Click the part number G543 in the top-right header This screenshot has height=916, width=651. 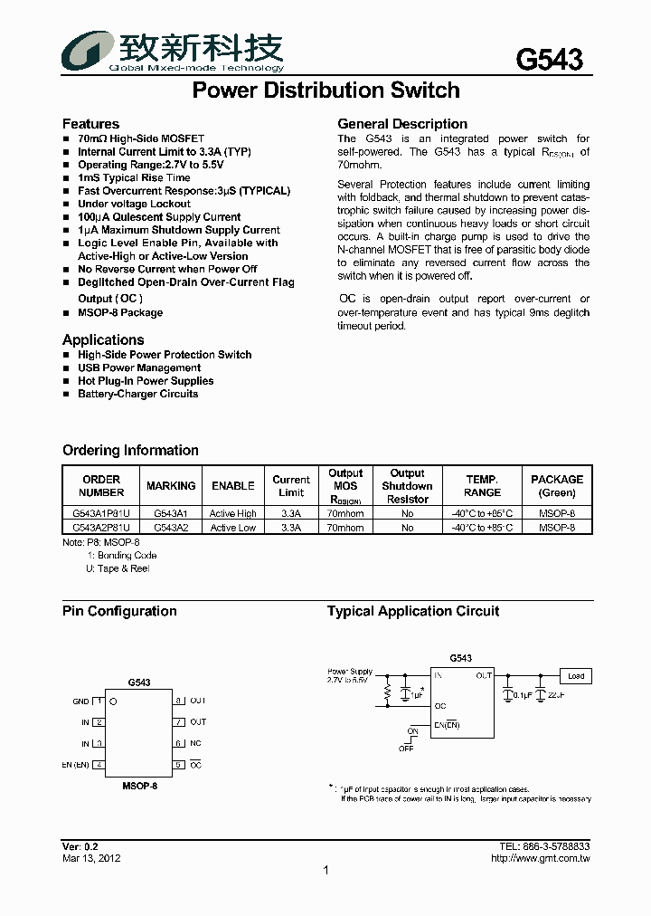[549, 60]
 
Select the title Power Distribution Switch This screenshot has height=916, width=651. [326, 91]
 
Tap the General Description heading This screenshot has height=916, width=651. [402, 124]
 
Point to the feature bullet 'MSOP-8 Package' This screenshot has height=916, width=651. [120, 313]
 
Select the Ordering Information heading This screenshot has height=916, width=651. [130, 451]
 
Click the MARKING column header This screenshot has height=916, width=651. [171, 486]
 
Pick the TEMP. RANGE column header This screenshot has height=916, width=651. [482, 486]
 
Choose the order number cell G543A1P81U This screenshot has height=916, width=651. [101, 514]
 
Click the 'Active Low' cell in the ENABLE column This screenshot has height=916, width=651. [233, 528]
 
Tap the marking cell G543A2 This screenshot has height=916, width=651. [171, 528]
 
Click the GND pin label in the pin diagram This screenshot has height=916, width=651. [80, 701]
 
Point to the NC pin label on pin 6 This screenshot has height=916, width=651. [194, 743]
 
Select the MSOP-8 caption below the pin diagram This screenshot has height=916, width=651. [139, 787]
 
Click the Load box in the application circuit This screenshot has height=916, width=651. [575, 676]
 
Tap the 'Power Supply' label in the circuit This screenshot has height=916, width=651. [350, 672]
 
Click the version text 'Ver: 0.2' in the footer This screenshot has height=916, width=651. [80, 846]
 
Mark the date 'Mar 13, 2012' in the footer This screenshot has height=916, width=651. [91, 858]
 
